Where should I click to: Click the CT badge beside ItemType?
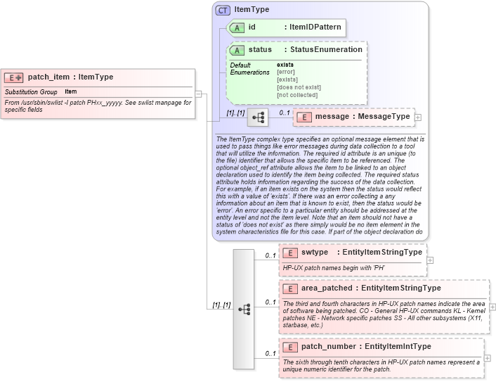[x=223, y=10]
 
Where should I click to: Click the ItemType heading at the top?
[x=251, y=10]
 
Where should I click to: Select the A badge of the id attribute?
[x=237, y=27]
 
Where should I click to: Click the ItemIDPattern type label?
[x=315, y=27]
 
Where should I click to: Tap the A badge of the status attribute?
[x=237, y=50]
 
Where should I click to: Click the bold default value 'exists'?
[x=285, y=65]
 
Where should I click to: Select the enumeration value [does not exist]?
[x=299, y=87]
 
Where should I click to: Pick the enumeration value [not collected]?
[x=297, y=95]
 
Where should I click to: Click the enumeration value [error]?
[x=285, y=72]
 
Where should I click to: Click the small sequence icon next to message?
[x=257, y=117]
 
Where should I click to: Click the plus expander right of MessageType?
[x=418, y=117]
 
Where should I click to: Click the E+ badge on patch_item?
[x=14, y=77]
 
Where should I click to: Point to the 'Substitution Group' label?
[x=31, y=92]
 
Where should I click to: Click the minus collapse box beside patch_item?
[x=199, y=94]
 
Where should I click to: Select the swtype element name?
[x=315, y=252]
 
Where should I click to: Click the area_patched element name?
[x=327, y=288]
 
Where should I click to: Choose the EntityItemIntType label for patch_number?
[x=398, y=346]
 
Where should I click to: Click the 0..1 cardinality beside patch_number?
[x=270, y=353]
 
